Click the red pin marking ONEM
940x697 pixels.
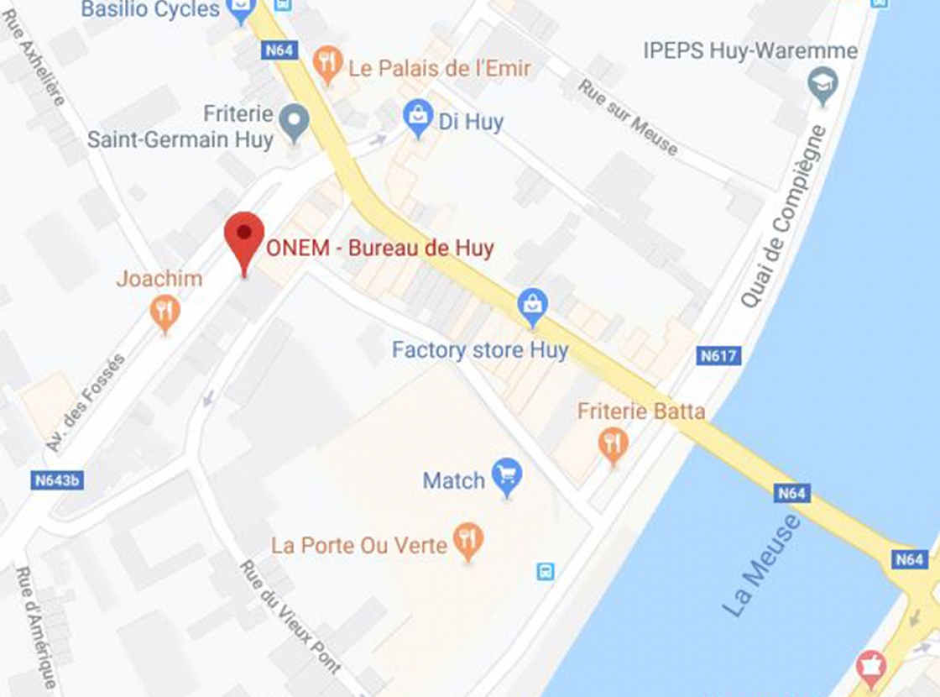244,236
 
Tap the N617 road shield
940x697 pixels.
719,356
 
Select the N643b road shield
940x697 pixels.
57,481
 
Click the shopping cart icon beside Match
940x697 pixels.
507,477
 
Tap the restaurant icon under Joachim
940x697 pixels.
164,313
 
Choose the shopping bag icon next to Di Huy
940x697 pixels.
417,118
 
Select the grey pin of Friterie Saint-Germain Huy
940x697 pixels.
294,123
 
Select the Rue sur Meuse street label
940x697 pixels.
628,117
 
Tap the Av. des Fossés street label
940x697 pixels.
86,402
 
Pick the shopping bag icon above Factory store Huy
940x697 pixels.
532,307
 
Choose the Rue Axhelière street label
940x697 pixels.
34,57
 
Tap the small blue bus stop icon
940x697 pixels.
546,572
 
